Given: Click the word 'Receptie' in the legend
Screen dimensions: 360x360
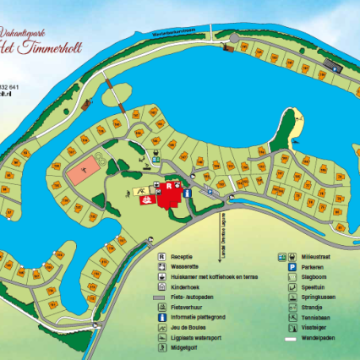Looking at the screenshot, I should pos(182,255).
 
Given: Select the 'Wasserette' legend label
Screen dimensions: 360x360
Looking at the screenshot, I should pos(183,266).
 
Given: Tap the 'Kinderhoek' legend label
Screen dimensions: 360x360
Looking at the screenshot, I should pos(184,287).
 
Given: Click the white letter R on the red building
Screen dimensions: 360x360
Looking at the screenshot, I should pos(167,183).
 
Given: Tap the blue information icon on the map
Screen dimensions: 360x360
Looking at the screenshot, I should pos(187,193).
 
